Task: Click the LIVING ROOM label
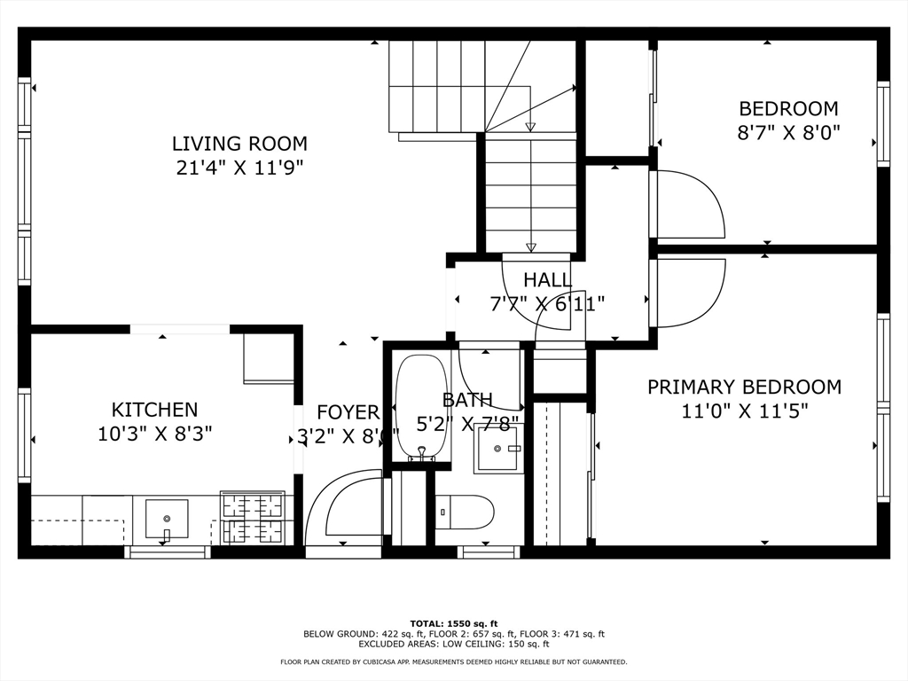pos(239,143)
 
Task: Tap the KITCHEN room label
pos(154,410)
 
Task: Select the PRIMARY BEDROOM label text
pos(744,387)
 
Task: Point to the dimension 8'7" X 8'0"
pos(788,133)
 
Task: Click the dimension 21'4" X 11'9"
pos(239,168)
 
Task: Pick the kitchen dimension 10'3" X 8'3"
pos(154,434)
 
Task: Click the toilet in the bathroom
pos(465,512)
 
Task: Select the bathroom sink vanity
pos(498,448)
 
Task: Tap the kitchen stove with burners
pos(253,518)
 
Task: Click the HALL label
pos(547,280)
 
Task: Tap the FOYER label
pos(348,412)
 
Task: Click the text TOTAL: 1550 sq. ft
pos(453,622)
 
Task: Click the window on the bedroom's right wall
pos(883,123)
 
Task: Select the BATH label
pos(467,400)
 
